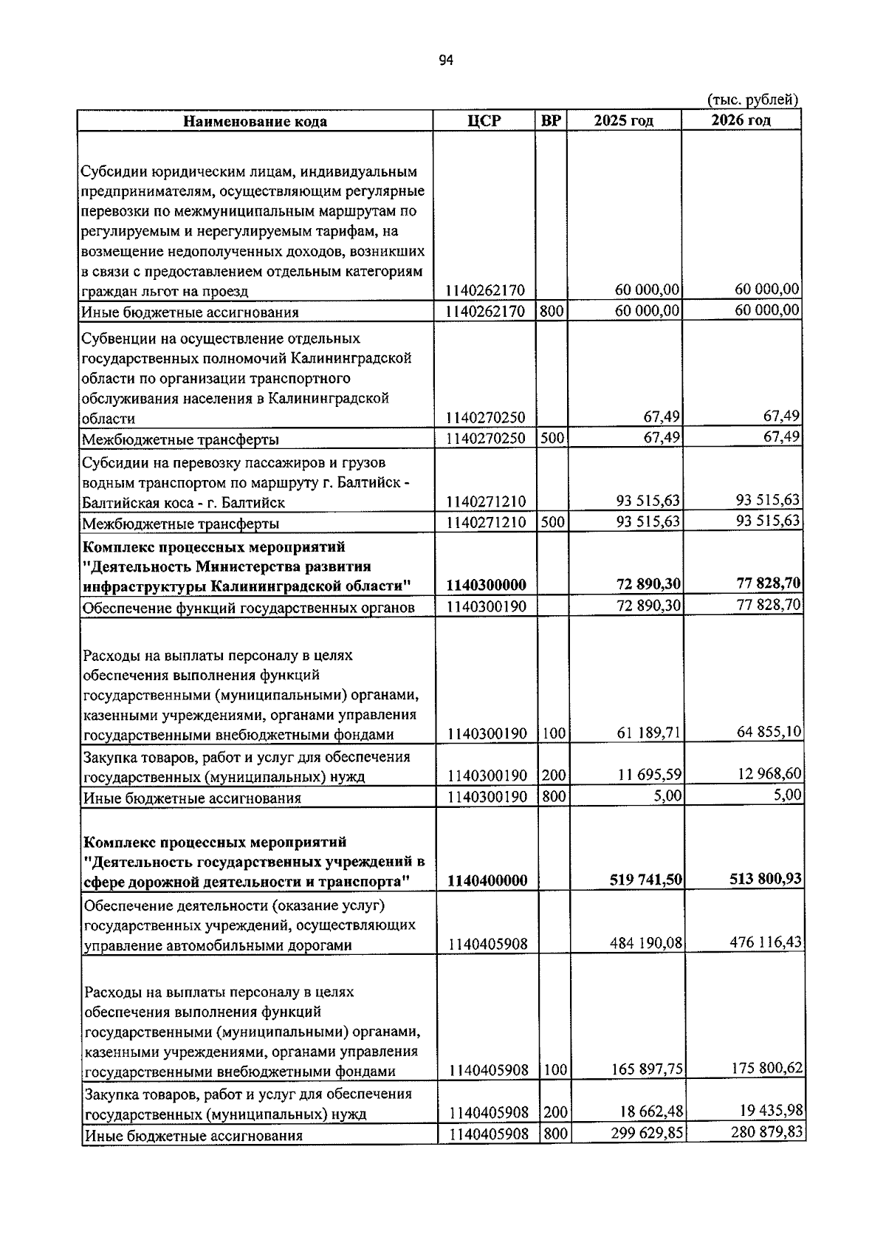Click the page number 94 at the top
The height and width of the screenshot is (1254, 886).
445,61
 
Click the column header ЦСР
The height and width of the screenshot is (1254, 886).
484,120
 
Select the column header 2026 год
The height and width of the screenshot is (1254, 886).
741,120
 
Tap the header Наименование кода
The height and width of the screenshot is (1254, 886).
255,121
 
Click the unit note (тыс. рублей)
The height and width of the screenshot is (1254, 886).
752,100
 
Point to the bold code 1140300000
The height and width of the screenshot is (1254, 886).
486,586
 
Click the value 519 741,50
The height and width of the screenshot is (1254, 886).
645,880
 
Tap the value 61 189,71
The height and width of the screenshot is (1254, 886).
649,733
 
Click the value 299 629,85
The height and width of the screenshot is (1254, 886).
647,1133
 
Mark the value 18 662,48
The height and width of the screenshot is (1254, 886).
649,1111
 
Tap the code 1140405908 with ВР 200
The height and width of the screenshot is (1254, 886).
488,1113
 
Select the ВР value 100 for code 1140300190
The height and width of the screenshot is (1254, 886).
553,734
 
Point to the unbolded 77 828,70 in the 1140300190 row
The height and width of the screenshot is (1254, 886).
768,605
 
